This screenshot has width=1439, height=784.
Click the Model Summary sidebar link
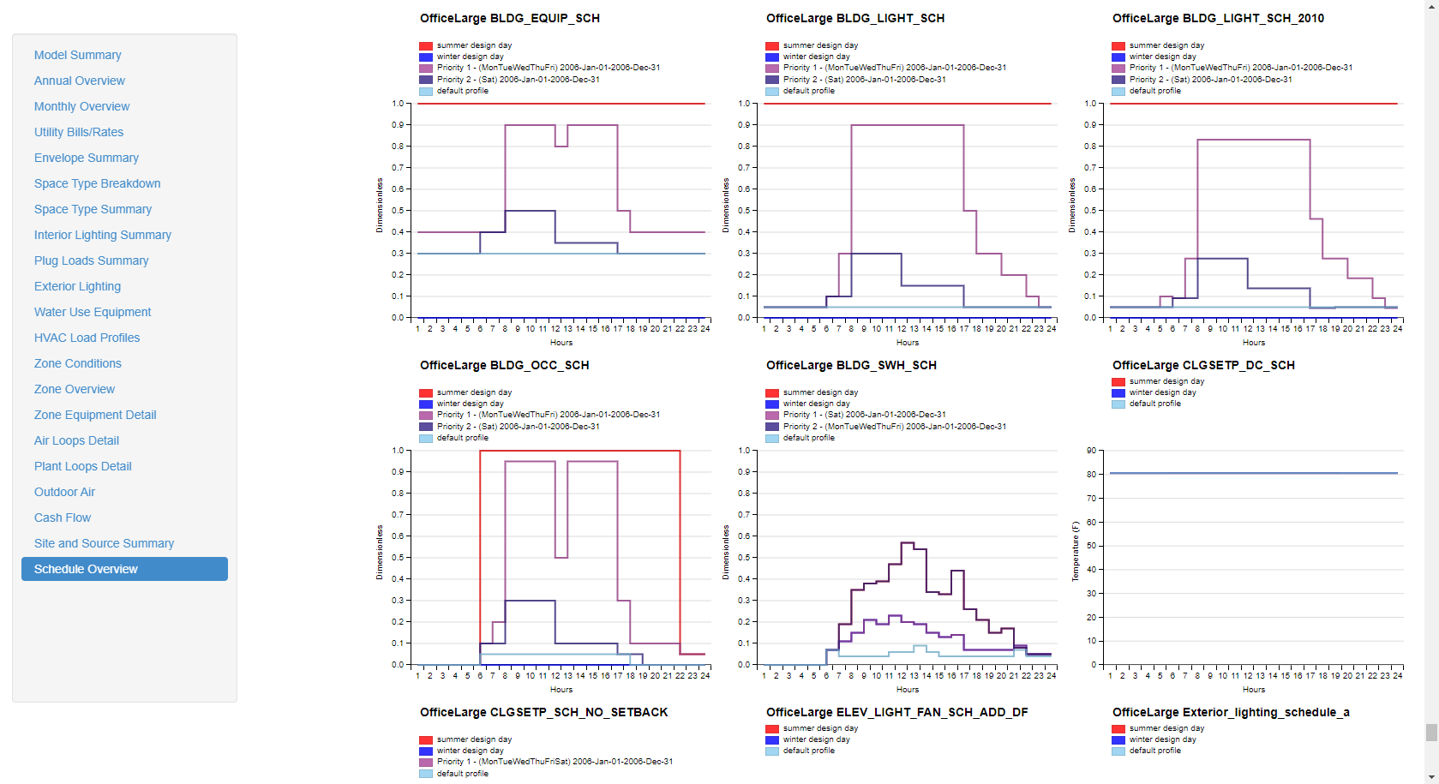click(77, 55)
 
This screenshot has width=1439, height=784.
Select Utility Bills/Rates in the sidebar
click(79, 132)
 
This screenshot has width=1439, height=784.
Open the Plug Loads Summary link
click(91, 260)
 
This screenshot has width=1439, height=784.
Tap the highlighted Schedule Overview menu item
click(86, 569)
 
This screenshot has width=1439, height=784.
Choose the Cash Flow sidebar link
click(63, 518)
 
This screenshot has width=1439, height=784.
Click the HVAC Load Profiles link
click(87, 338)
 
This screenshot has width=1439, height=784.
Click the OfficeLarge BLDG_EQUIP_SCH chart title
click(509, 18)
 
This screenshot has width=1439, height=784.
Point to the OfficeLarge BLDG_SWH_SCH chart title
click(850, 365)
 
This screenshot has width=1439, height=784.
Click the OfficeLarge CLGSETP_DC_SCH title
click(1202, 365)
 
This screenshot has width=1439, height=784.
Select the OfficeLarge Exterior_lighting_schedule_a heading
click(1230, 712)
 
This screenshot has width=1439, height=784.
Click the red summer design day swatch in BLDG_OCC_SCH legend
click(426, 393)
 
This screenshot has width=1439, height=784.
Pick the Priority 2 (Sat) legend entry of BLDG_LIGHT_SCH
click(864, 80)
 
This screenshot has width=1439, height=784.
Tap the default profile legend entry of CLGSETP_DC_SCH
click(1154, 404)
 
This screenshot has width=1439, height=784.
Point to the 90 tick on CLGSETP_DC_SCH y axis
click(1091, 451)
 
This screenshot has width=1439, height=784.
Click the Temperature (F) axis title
click(1076, 551)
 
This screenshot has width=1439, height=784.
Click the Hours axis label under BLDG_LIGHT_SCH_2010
click(1253, 343)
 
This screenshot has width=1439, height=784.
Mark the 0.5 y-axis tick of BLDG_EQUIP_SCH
click(398, 211)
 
